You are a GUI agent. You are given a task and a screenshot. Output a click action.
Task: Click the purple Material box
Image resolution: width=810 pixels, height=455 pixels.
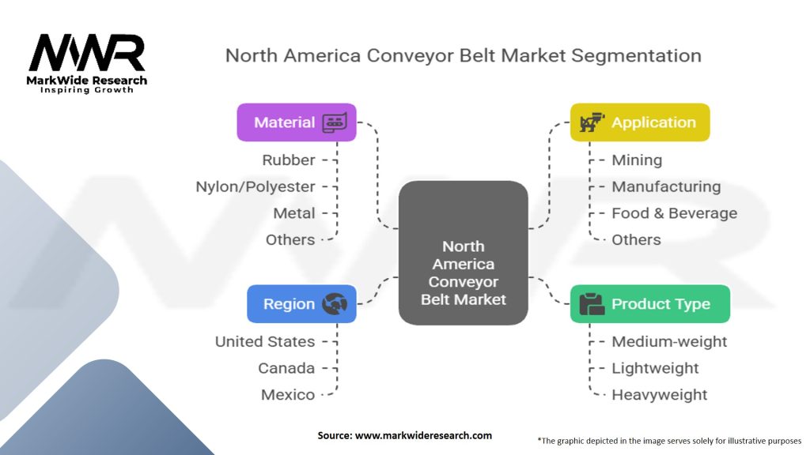point(297,122)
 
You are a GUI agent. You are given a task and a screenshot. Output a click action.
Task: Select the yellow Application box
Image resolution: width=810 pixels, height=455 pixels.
point(640,122)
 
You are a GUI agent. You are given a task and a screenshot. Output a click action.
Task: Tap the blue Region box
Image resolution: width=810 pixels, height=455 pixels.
point(301,304)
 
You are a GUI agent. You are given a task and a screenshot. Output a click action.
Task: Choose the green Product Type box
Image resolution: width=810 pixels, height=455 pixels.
point(650,304)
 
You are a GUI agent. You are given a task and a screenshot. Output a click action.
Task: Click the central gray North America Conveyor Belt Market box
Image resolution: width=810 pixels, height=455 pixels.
point(464,253)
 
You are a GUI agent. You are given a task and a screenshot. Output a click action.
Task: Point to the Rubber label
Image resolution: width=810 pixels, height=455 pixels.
point(288,160)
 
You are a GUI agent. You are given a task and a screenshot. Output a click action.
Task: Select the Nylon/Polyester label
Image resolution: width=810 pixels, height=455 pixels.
point(255,186)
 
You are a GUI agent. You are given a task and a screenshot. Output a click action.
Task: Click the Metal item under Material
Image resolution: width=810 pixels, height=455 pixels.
point(294,213)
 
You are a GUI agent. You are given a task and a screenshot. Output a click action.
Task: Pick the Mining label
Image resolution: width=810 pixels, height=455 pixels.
point(637,160)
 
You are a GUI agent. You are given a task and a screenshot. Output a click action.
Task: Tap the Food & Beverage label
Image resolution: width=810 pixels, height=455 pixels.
point(675,213)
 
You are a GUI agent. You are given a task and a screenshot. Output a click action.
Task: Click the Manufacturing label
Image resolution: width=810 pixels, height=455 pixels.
point(666,186)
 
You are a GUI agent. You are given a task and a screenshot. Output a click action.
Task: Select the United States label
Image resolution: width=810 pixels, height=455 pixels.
point(265,341)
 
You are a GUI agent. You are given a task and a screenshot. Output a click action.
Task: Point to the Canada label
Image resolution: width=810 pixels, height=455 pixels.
point(286,368)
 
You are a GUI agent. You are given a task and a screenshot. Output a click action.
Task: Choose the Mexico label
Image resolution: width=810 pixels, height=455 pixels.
point(288,395)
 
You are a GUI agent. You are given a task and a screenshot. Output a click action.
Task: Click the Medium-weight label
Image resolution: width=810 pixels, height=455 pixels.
point(669,341)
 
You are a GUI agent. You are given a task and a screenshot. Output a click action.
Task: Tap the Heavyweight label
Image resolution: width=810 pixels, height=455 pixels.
point(660,395)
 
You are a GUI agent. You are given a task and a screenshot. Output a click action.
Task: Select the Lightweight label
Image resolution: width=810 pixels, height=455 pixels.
point(655,368)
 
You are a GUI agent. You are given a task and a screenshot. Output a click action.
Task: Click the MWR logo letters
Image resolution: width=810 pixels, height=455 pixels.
point(87,53)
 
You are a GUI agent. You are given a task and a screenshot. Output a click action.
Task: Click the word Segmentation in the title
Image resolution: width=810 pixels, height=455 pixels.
point(637,56)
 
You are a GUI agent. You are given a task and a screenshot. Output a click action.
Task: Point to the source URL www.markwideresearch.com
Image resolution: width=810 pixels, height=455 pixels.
point(423,435)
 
